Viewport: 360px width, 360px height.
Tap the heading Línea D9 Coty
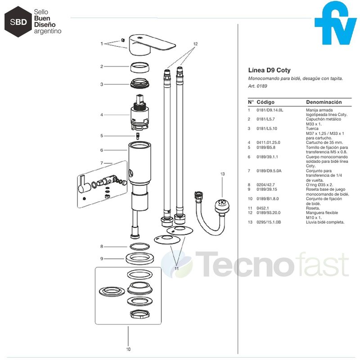pos(269,70)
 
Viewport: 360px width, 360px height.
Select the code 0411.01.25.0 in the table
pos(270,143)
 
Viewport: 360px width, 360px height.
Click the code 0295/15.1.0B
pos(269,222)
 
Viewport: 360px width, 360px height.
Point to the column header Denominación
pos(324,102)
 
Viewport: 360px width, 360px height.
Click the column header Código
pos(265,102)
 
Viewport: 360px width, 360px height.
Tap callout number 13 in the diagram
pos(222,173)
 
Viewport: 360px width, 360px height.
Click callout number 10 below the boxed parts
pos(128,349)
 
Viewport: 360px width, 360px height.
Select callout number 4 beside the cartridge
pos(102,115)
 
